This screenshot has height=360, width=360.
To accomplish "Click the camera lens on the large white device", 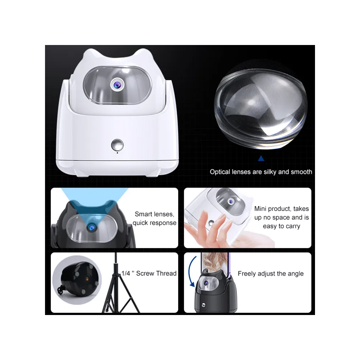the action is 117,85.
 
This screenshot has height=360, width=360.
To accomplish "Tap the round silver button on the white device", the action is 117,145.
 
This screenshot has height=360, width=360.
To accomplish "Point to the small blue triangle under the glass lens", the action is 261,158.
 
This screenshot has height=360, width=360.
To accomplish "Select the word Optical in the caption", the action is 220,172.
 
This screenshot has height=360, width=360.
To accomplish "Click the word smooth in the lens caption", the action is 301,172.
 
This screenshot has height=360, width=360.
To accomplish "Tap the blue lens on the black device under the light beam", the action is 91,228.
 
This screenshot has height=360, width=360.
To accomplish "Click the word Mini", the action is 260,208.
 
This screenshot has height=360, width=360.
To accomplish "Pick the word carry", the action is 293,226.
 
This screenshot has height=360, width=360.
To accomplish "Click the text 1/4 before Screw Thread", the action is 126,273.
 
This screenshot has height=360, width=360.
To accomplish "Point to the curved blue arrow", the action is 191,271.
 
